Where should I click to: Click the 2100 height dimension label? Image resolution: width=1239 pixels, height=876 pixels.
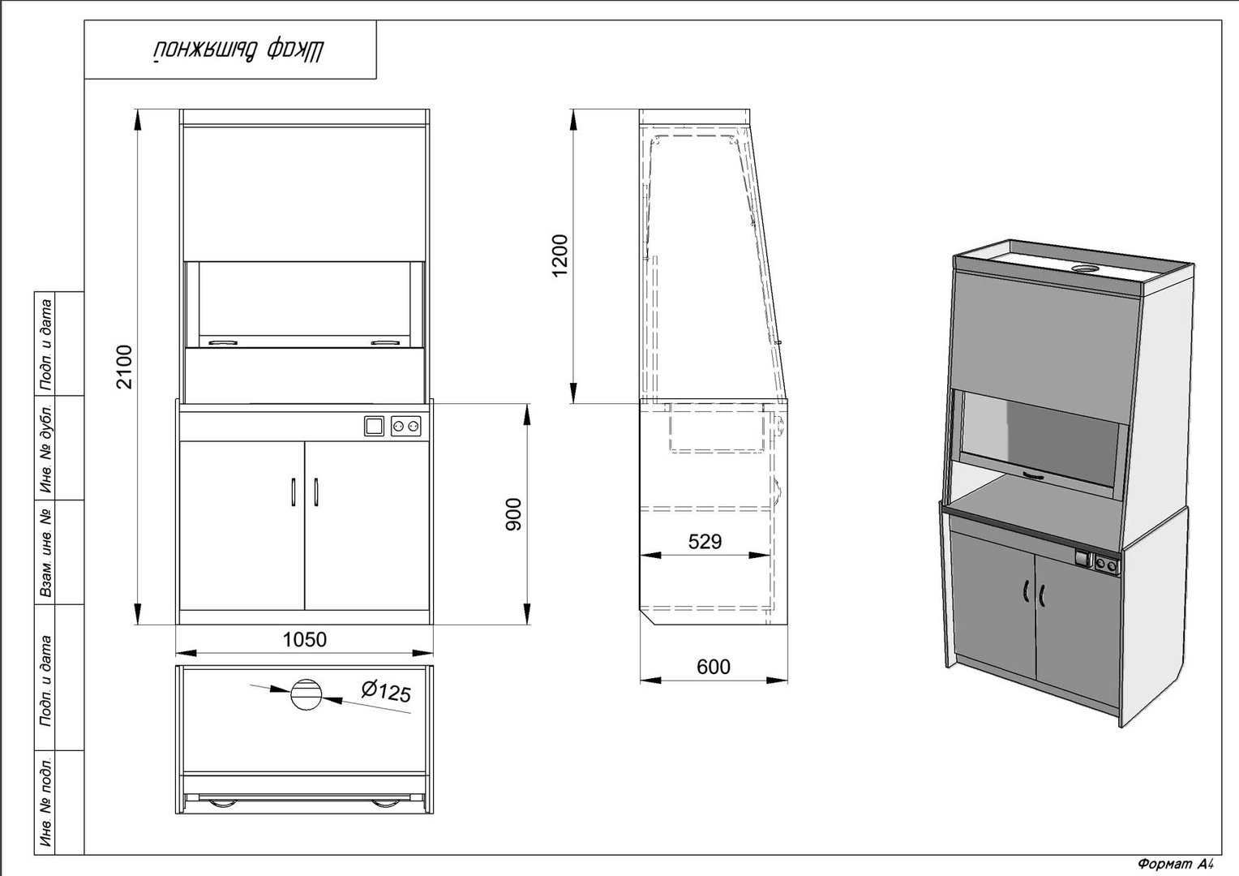126,367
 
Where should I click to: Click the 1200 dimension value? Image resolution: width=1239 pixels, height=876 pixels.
560,255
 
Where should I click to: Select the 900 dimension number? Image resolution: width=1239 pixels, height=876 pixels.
514,514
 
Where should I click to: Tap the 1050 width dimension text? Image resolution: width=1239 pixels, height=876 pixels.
305,640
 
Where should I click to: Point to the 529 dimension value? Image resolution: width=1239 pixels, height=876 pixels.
705,541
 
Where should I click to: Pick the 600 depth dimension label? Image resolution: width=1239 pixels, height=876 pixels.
714,667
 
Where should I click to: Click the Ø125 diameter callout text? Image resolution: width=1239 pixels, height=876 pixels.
386,691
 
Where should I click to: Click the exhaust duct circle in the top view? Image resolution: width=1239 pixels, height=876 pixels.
306,694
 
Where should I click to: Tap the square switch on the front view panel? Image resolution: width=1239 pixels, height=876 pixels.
374,426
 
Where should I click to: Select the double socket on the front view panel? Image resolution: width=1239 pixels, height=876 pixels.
405,426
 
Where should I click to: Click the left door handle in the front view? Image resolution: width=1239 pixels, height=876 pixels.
294,492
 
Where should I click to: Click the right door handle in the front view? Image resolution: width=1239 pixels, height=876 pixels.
316,492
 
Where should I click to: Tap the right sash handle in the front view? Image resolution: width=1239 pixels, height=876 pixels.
386,342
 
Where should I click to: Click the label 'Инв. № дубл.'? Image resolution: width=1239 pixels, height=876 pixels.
46,449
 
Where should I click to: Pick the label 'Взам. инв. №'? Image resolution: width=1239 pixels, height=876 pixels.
46,553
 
